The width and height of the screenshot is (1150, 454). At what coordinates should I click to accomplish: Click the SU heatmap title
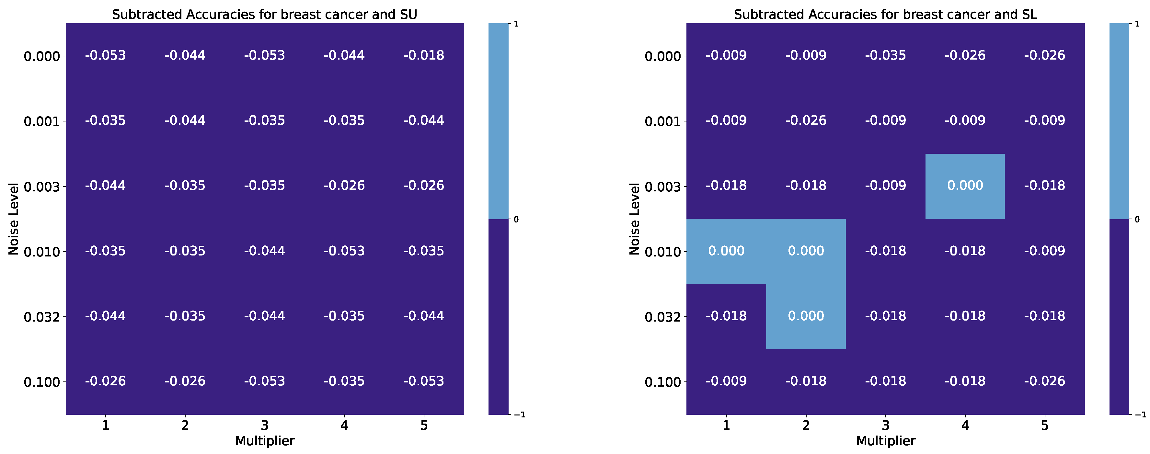[264, 14]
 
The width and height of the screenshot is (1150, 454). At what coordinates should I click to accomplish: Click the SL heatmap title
[885, 14]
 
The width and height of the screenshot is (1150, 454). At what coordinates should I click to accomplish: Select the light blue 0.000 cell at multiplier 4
[965, 186]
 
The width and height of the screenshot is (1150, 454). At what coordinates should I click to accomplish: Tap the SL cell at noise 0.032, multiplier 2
[806, 316]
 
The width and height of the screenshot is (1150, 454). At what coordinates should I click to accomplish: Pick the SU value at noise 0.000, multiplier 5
[424, 55]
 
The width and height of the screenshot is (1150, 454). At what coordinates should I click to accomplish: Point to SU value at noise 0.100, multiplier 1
[105, 381]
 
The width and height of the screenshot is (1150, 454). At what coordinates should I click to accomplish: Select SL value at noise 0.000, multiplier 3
[885, 55]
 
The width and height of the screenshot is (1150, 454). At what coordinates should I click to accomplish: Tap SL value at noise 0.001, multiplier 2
[806, 120]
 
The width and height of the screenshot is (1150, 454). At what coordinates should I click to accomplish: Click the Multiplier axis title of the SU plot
[265, 441]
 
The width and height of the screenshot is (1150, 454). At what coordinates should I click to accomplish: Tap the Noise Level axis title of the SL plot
[634, 219]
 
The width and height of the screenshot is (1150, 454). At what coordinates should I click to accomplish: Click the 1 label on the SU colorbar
[516, 24]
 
